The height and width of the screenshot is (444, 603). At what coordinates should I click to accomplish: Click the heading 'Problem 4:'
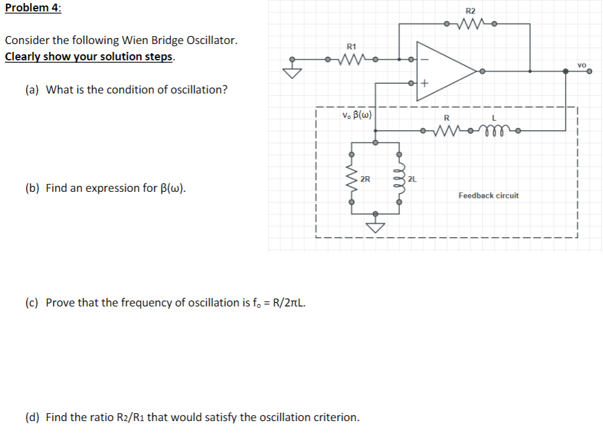33,8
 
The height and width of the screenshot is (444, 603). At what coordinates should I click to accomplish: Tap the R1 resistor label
352,46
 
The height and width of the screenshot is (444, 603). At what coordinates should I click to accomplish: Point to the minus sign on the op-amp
423,59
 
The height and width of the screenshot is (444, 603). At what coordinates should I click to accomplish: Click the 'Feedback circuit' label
488,195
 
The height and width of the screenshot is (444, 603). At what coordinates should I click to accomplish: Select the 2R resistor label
365,179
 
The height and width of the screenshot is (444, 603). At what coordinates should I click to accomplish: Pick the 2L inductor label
412,179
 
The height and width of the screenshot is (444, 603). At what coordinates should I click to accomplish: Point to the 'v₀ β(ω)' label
356,114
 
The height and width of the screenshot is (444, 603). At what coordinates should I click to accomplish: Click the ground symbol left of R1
292,71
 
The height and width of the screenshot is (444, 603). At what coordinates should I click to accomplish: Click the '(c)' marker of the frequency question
31,302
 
